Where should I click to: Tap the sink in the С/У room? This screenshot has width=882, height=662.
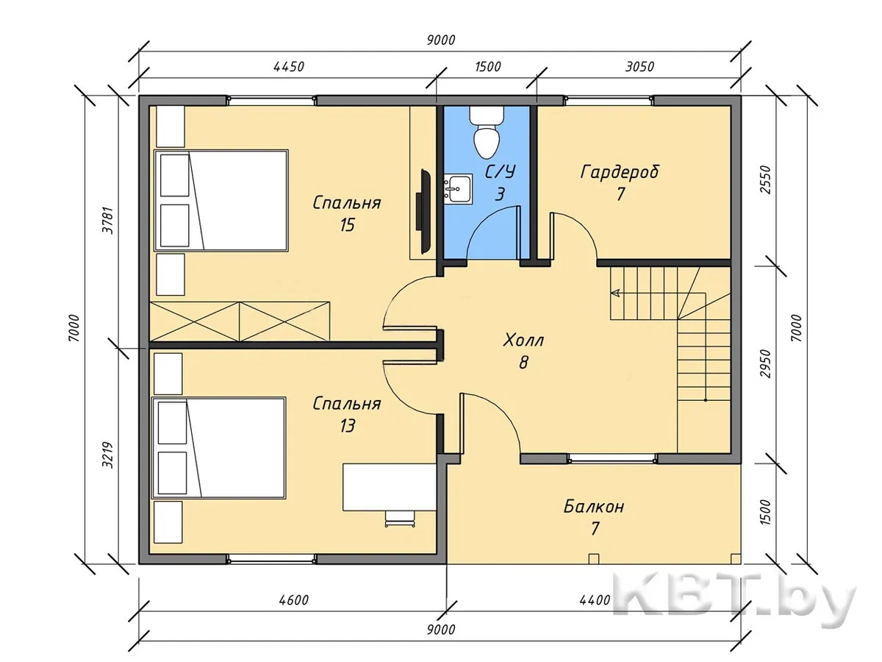click(458, 188)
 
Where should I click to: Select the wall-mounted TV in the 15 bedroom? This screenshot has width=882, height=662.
click(424, 211)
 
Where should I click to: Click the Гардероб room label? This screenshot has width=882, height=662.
click(620, 172)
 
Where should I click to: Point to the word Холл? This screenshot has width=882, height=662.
click(523, 341)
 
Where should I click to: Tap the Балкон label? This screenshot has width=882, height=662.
click(594, 508)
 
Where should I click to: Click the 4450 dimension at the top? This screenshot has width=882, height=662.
click(289, 67)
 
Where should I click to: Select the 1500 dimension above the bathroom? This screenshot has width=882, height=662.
click(488, 67)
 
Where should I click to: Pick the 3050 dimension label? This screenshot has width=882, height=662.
click(639, 67)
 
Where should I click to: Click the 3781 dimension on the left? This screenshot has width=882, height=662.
click(108, 220)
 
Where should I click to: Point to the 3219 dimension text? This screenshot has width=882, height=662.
click(108, 455)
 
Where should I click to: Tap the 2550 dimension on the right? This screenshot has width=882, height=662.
click(766, 179)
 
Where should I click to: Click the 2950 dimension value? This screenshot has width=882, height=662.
click(766, 364)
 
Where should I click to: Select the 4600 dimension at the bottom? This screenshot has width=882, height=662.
click(294, 600)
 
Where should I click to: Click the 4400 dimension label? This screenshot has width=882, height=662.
click(595, 600)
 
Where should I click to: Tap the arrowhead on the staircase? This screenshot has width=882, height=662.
click(614, 293)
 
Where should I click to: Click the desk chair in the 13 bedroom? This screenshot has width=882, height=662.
click(399, 518)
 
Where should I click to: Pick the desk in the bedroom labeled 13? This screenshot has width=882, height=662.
click(389, 487)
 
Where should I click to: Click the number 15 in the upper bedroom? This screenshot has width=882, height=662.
click(347, 225)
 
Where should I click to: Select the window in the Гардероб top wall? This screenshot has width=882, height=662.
click(609, 100)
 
